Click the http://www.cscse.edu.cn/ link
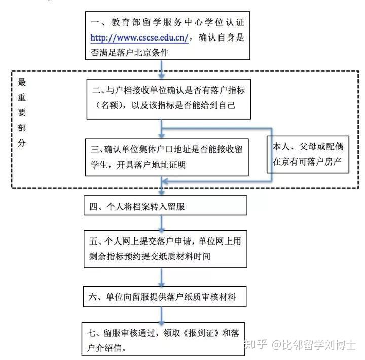click(x=139, y=37)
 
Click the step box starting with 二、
click(x=168, y=100)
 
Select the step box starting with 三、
click(x=167, y=157)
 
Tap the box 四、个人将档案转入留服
click(x=165, y=206)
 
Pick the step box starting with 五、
click(x=165, y=249)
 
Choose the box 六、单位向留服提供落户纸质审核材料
click(x=165, y=297)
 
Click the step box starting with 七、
click(x=163, y=339)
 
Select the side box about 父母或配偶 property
click(x=308, y=154)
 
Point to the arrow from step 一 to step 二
click(x=162, y=69)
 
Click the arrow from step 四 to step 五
click(x=162, y=223)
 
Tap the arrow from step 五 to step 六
click(x=162, y=277)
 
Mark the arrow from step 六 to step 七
click(x=162, y=314)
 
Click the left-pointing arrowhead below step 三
click(x=165, y=181)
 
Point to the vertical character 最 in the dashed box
click(x=22, y=82)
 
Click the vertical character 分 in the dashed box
click(x=22, y=143)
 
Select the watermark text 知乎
click(x=256, y=344)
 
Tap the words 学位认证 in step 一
click(x=225, y=22)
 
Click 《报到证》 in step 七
click(x=201, y=333)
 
